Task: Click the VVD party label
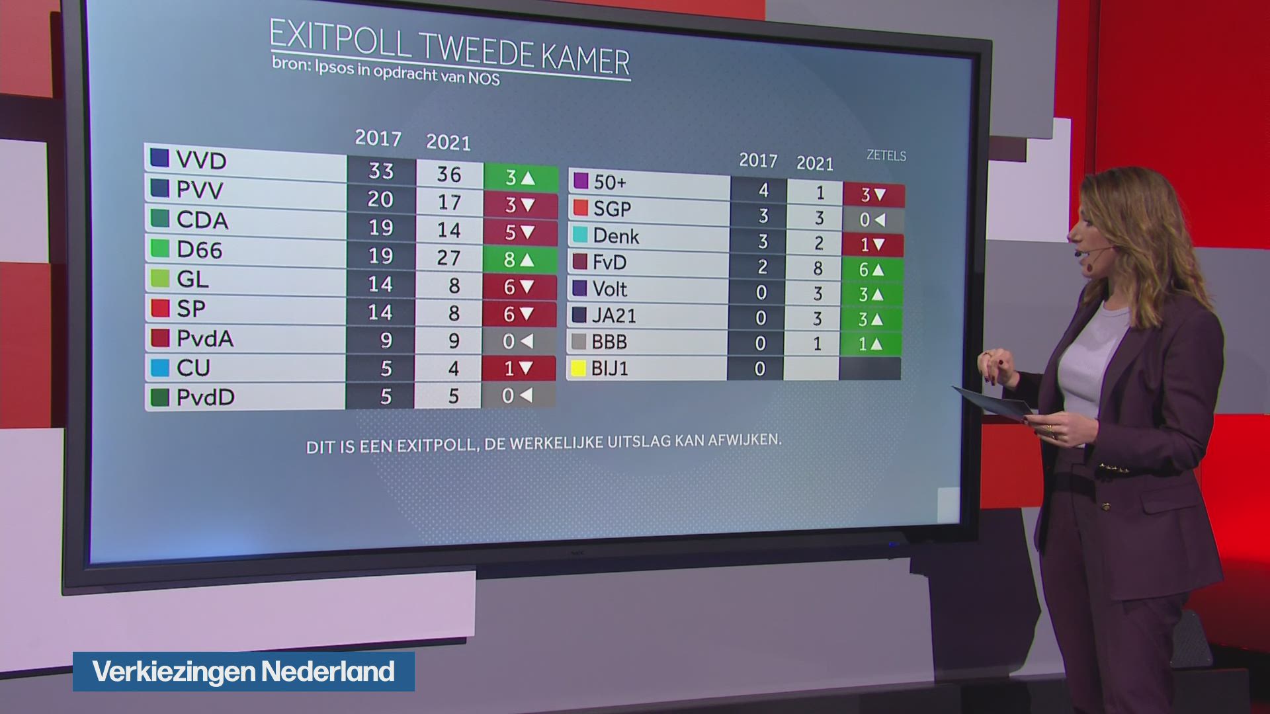201,160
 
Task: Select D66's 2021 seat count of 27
448,258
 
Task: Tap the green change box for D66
520,260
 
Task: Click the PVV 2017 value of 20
380,199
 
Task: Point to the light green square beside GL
160,278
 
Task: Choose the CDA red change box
520,233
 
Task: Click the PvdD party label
205,397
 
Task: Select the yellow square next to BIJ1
579,368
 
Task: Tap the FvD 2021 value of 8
818,268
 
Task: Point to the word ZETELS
886,156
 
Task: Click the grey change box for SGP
872,220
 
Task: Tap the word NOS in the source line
484,78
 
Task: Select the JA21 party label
614,315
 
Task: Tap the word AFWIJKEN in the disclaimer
744,440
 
